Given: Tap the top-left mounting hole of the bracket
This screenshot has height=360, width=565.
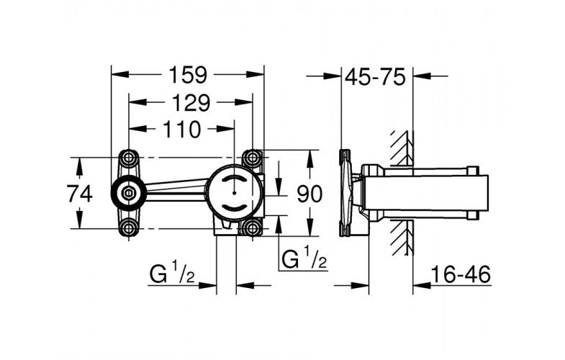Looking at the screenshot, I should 130,158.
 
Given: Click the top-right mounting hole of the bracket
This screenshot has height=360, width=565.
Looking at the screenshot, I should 252,158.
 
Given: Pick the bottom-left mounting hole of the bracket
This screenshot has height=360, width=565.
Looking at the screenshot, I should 130,228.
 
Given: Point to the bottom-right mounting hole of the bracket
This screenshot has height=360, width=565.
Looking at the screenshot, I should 252,228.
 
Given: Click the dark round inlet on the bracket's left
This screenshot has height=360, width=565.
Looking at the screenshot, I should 128,193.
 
